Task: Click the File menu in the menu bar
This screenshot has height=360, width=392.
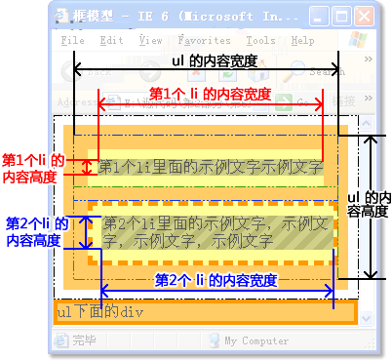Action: pos(72,41)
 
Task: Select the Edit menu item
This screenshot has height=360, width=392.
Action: pos(111,41)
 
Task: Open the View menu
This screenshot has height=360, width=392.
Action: pos(151,41)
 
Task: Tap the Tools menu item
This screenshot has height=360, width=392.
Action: pos(260,41)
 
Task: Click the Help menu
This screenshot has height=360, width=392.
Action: pos(302,41)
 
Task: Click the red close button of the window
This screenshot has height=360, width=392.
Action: pos(364,17)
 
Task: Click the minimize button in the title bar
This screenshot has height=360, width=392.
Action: pos(319,17)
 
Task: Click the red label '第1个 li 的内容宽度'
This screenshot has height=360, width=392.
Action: pos(209,94)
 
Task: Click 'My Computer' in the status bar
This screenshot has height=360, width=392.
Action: pos(256,341)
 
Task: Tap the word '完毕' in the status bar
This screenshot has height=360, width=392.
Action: pos(84,341)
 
